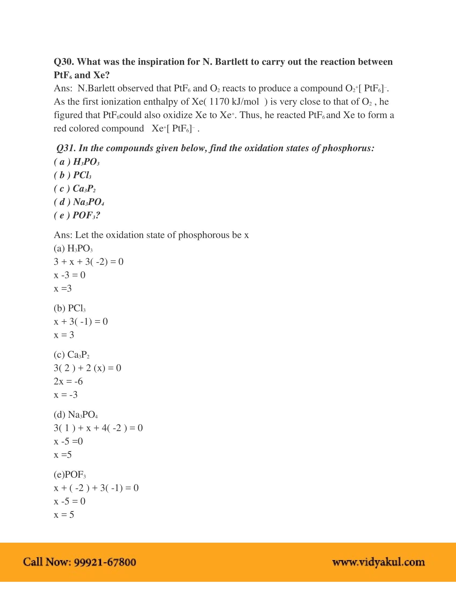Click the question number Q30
(64, 62)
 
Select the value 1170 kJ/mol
(234, 102)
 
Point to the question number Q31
(66, 148)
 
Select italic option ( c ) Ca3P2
(75, 188)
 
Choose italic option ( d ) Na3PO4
(79, 202)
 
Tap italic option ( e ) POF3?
(77, 215)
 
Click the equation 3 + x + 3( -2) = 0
(89, 262)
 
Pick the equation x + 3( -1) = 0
(81, 322)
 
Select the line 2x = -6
(68, 381)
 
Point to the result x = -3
(66, 395)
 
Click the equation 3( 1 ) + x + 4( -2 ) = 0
(98, 428)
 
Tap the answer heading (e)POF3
(70, 474)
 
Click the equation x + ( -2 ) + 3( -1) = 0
(96, 488)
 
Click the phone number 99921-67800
(105, 562)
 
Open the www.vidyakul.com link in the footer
(378, 562)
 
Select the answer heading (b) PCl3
(69, 308)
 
